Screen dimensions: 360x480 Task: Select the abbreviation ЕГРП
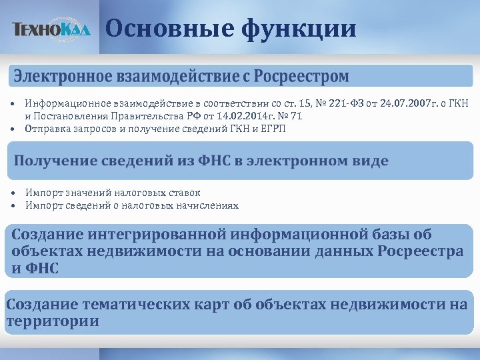pos(273,129)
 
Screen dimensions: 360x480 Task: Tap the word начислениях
pos(206,205)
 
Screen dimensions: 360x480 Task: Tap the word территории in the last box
pos(53,321)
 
